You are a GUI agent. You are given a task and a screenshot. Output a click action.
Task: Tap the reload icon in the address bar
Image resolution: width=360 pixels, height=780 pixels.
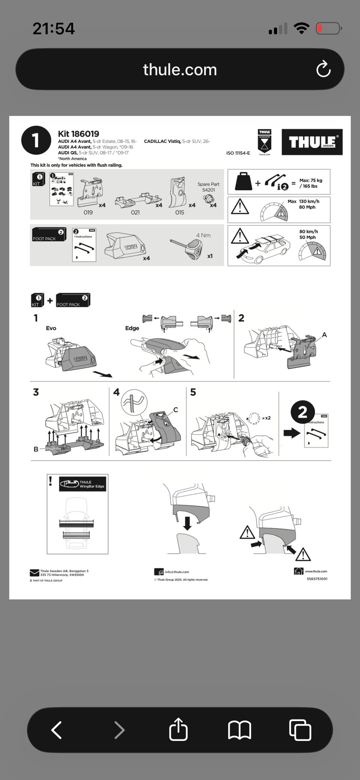323,69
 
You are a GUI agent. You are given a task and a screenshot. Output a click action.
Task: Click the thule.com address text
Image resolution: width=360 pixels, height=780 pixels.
180,70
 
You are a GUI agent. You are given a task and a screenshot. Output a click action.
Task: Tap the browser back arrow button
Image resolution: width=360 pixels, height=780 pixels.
57,730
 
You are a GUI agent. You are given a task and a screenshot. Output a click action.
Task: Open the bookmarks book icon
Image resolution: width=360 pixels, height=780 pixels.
239,730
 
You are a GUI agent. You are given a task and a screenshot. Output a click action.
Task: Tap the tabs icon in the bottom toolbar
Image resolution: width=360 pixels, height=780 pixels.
300,730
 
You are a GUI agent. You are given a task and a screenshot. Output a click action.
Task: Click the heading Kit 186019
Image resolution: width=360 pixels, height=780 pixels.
78,134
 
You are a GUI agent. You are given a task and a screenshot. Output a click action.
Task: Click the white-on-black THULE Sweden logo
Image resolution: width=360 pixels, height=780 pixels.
312,142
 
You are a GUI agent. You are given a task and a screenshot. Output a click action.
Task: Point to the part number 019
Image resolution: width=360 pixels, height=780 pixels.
88,212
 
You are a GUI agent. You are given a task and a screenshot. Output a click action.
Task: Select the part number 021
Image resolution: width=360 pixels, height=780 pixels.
135,212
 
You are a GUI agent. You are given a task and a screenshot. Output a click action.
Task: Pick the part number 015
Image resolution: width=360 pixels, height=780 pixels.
180,212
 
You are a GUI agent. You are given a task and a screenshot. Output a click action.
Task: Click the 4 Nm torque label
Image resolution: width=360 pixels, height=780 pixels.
203,235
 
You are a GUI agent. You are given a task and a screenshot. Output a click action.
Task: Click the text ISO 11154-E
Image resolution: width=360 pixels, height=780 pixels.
238,153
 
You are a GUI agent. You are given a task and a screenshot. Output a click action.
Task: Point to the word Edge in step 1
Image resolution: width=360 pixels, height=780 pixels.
132,328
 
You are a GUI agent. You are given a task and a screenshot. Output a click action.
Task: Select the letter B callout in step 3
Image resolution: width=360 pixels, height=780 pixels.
36,449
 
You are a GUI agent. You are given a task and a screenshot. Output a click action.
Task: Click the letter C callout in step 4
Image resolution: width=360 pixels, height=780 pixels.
175,410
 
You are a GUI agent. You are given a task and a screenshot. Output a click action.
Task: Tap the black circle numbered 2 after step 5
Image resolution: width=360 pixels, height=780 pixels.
302,412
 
